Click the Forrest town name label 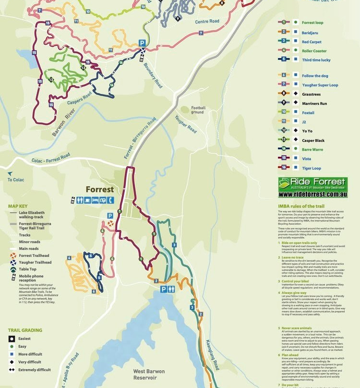[99, 189]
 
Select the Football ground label [198, 110]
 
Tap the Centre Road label [207, 22]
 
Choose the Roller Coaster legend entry [314, 50]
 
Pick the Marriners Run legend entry [314, 104]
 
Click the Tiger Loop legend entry [312, 168]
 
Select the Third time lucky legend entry [316, 60]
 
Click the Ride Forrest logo [312, 183]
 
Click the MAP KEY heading [18, 206]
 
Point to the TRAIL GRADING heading [24, 330]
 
